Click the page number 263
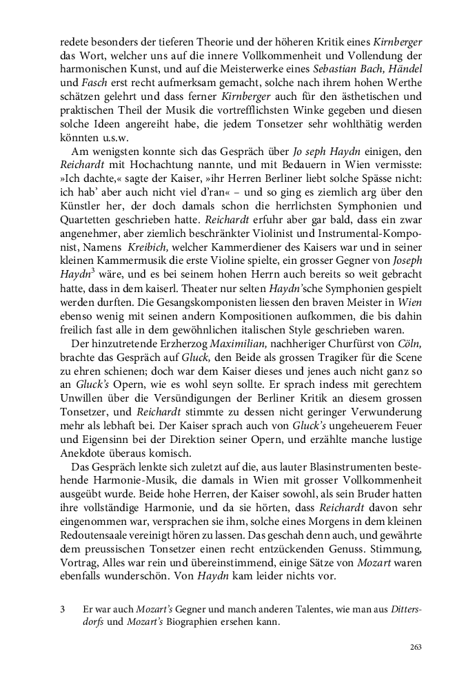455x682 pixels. (x=415, y=647)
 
